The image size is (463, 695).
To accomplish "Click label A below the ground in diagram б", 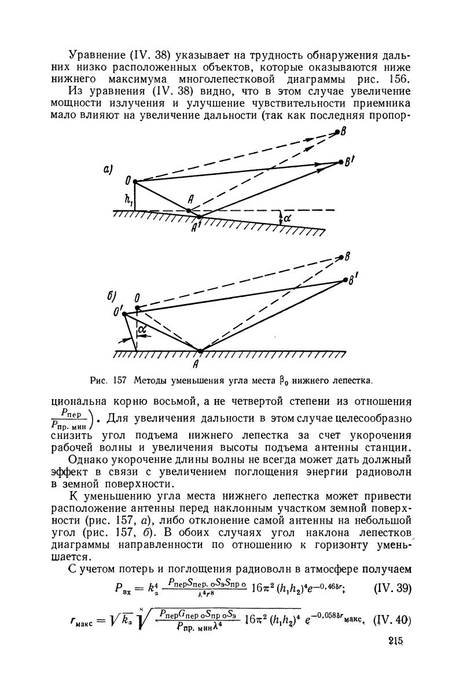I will click(201, 365).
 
